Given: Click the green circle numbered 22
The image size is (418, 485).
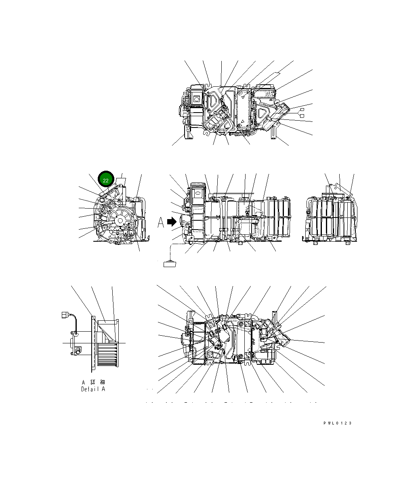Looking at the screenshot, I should click(105, 180).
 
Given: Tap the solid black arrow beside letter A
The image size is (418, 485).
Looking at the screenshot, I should click(172, 222).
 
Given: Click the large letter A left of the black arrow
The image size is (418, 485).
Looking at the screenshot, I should click(161, 222).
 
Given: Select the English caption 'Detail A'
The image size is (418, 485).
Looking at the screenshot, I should click(93, 389).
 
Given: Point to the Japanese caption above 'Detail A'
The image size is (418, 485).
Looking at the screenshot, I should click(93, 382).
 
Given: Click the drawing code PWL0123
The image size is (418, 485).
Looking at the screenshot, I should click(337, 423).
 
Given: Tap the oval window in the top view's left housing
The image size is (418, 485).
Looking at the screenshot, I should click(197, 98).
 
